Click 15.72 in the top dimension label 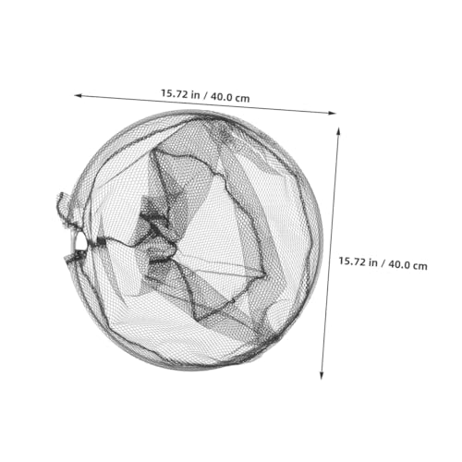(x=175, y=93)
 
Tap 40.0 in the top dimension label (x=224, y=97)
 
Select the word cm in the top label (x=244, y=99)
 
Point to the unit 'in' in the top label (x=195, y=94)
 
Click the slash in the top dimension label (x=205, y=95)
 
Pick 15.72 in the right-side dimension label (x=352, y=261)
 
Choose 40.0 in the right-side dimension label (x=401, y=264)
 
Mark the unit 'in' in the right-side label (x=373, y=262)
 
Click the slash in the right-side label (x=383, y=263)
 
